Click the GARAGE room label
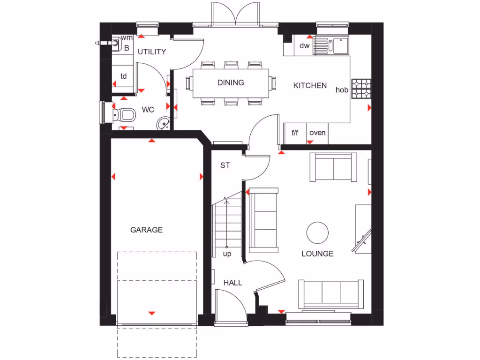click(x=146, y=230)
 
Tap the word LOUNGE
click(x=317, y=254)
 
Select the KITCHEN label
click(x=310, y=85)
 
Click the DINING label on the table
click(x=231, y=82)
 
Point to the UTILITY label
click(x=151, y=52)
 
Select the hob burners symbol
click(x=361, y=89)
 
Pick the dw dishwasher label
click(x=305, y=45)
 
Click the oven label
click(x=317, y=133)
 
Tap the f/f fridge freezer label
click(x=295, y=133)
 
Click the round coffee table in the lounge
click(x=317, y=232)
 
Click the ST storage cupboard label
click(x=225, y=165)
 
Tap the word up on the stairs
click(x=227, y=254)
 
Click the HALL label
click(x=232, y=283)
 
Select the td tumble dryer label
click(x=124, y=76)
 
